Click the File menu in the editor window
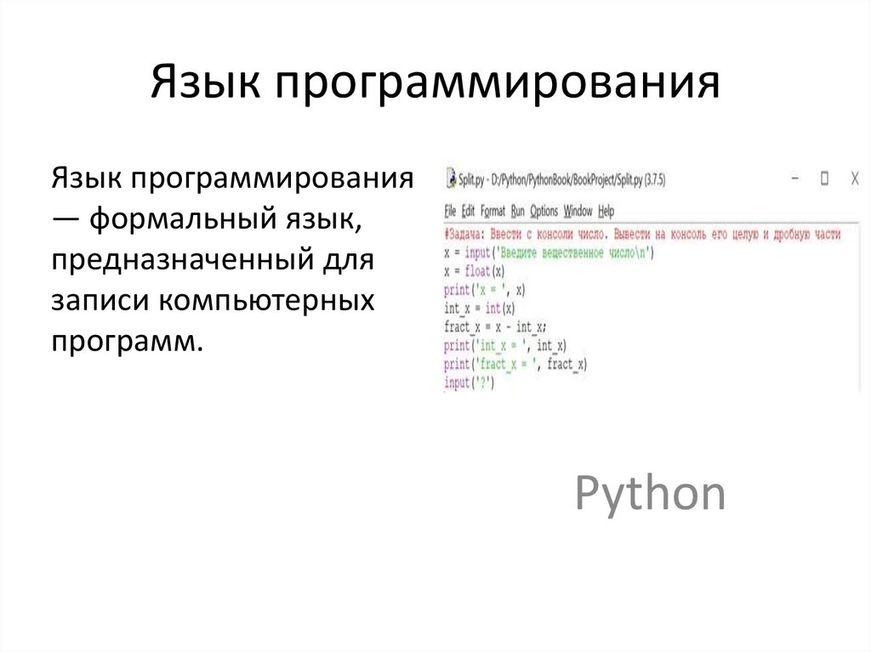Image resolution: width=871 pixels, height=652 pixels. click(x=451, y=211)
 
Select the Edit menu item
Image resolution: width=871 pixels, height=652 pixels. click(x=468, y=211)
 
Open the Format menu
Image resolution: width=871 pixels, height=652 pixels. click(x=492, y=211)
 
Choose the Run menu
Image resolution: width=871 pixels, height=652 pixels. click(x=518, y=211)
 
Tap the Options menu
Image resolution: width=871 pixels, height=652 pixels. click(x=544, y=211)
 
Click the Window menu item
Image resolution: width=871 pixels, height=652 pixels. click(x=578, y=211)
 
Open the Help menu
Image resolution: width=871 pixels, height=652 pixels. click(x=606, y=211)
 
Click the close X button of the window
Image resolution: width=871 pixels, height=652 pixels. click(x=855, y=179)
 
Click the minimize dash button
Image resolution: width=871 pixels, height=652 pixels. click(x=795, y=179)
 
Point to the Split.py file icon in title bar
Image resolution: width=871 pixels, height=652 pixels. click(x=450, y=179)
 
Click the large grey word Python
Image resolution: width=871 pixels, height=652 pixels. click(x=651, y=493)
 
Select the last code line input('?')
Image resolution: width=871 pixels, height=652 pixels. click(x=469, y=384)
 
